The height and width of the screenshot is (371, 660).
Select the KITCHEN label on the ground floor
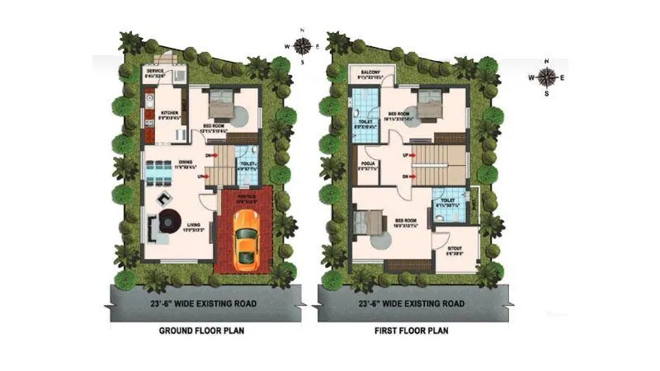point(170,113)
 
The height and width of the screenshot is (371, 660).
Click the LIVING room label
point(193,225)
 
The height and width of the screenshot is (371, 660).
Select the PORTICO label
point(247,195)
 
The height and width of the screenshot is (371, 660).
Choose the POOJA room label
point(369,164)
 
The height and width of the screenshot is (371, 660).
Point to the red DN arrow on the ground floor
point(210,154)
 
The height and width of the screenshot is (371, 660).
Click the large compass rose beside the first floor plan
point(546,76)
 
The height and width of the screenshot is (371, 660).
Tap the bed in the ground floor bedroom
point(219,106)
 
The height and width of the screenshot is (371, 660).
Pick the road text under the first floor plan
point(398,303)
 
